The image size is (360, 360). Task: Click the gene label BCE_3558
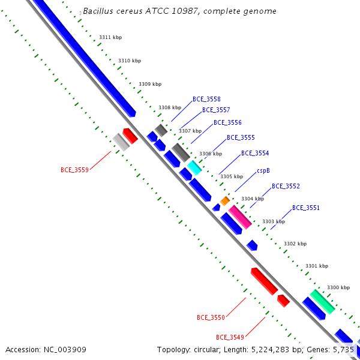pyautogui.click(x=206, y=99)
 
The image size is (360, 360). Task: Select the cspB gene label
pyautogui.click(x=263, y=171)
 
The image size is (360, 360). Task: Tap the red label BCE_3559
pyautogui.click(x=74, y=170)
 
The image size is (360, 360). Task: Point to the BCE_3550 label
pyautogui.click(x=211, y=317)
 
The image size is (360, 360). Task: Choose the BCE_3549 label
pyautogui.click(x=230, y=337)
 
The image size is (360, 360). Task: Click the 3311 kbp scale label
pyautogui.click(x=110, y=37)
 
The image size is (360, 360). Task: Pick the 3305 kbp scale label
pyautogui.click(x=232, y=176)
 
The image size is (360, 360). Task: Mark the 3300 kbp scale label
pyautogui.click(x=338, y=287)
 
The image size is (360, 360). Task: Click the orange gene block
pyautogui.click(x=225, y=201)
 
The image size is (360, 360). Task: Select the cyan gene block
pyautogui.click(x=194, y=168)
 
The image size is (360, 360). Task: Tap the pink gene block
pyautogui.click(x=240, y=217)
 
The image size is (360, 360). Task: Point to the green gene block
pyautogui.click(x=322, y=302)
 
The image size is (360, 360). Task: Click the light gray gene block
pyautogui.click(x=121, y=142)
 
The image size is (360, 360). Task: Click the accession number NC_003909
pyautogui.click(x=65, y=350)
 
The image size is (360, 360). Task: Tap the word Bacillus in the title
pyautogui.click(x=98, y=11)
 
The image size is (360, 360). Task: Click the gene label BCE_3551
pyautogui.click(x=306, y=208)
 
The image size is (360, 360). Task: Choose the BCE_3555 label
pyautogui.click(x=241, y=137)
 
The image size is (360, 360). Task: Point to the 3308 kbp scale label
pyautogui.click(x=170, y=107)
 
